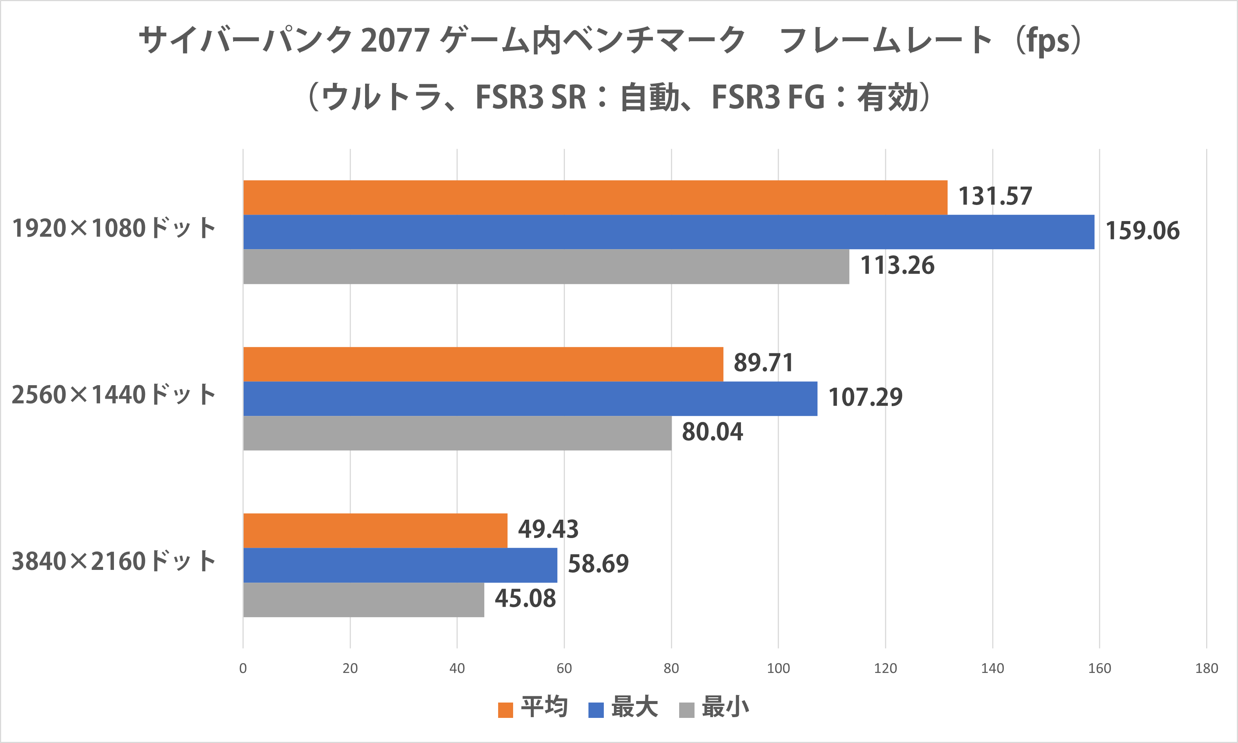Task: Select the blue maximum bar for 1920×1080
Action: click(669, 232)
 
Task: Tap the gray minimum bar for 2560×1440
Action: click(457, 433)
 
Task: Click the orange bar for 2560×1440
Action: click(483, 364)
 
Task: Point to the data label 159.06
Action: click(1142, 231)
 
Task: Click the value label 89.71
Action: click(763, 363)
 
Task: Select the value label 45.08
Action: click(525, 599)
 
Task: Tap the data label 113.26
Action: click(897, 265)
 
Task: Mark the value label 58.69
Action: click(599, 564)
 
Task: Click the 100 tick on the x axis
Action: click(778, 668)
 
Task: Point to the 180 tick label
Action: click(1207, 668)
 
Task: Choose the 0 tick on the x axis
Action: click(243, 668)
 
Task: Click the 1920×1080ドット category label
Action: click(114, 228)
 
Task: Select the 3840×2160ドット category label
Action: click(114, 561)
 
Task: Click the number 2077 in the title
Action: click(395, 40)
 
